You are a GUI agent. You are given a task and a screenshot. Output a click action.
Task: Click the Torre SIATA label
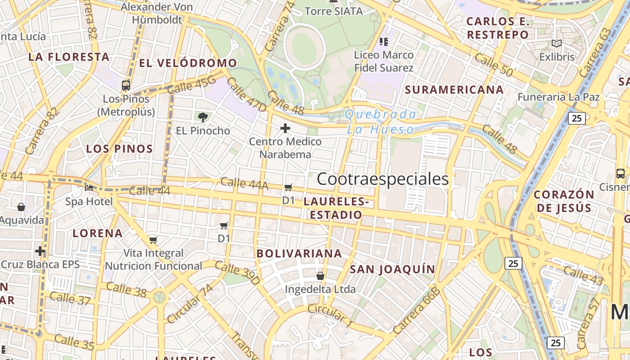[334, 11]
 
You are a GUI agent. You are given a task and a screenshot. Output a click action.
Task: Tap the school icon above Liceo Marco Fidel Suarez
[383, 42]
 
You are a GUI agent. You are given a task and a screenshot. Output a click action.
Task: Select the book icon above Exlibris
[557, 44]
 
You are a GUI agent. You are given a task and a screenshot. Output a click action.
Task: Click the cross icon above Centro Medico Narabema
[285, 128]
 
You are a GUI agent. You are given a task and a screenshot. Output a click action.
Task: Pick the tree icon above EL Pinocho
[203, 117]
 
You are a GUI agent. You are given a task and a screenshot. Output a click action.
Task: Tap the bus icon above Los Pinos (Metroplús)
[126, 85]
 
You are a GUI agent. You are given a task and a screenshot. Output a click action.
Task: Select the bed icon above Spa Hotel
[89, 188]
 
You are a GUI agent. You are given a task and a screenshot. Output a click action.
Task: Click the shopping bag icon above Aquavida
[21, 207]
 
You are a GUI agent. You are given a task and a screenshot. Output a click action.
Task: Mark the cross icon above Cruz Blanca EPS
[40, 251]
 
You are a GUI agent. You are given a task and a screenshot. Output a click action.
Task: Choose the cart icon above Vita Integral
[153, 240]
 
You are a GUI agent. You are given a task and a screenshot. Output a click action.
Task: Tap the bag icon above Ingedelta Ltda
[320, 275]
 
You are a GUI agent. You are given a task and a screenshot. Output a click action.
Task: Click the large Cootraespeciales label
[382, 179]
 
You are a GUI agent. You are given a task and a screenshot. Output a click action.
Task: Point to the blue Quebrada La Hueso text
[381, 122]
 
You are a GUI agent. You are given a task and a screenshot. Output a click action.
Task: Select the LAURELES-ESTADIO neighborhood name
[336, 208]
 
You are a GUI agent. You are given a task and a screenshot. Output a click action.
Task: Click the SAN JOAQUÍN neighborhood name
[392, 269]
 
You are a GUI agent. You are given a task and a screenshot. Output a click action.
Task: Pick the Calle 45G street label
[192, 85]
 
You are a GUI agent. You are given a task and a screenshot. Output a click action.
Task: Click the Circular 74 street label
[189, 303]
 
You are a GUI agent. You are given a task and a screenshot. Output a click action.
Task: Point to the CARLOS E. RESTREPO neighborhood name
[497, 28]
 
